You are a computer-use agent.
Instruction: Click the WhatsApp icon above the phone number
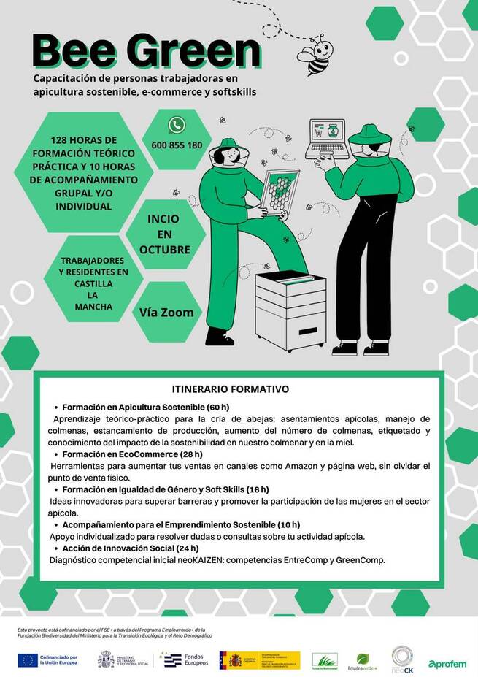[x=176, y=125]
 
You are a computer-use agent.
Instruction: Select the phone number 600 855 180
[x=177, y=145]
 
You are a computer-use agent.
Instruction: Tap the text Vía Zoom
[x=166, y=312]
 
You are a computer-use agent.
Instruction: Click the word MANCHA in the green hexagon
[x=93, y=307]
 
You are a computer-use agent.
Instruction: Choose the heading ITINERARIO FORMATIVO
[x=230, y=389]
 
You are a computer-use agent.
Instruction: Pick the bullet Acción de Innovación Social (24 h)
[x=130, y=548]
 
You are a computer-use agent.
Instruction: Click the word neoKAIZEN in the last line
[x=198, y=560]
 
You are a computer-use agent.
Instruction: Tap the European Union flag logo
[x=28, y=660]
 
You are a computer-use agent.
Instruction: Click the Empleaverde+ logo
[x=366, y=662]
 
